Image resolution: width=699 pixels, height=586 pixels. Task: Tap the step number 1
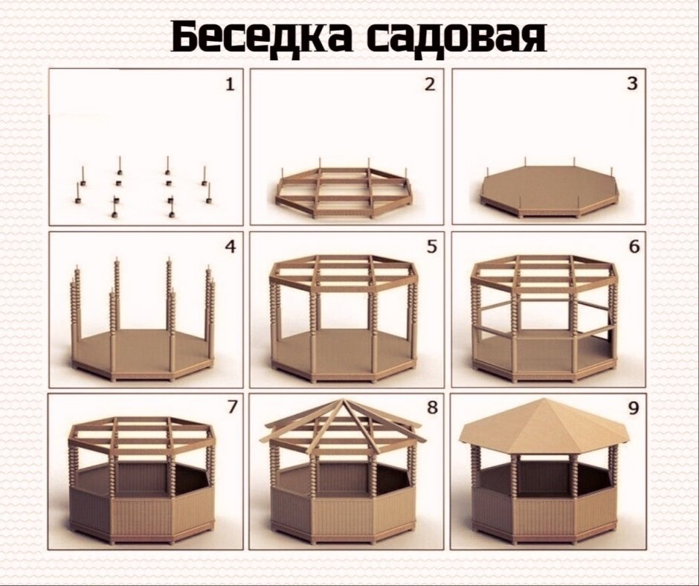click(x=230, y=85)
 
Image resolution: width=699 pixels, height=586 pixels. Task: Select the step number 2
click(x=429, y=84)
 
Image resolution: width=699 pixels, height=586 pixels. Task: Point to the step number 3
click(x=632, y=84)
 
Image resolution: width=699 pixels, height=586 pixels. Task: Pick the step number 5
click(x=431, y=246)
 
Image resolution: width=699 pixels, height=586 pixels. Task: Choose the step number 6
click(x=634, y=247)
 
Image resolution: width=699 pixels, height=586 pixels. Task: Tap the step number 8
click(x=431, y=408)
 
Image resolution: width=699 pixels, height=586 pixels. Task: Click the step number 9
click(x=634, y=409)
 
